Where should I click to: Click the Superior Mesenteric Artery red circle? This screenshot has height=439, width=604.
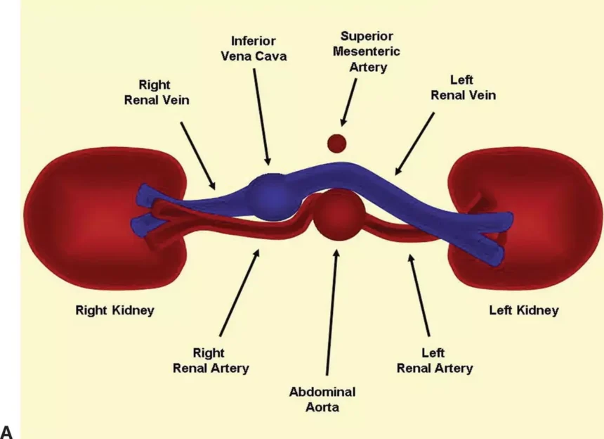coord(337,143)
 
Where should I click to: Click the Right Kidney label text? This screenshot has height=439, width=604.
coord(114,310)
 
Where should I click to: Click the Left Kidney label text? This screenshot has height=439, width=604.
coord(524,310)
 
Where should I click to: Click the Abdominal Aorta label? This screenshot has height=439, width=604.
coord(322,398)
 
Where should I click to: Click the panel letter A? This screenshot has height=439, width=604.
coord(8,431)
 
